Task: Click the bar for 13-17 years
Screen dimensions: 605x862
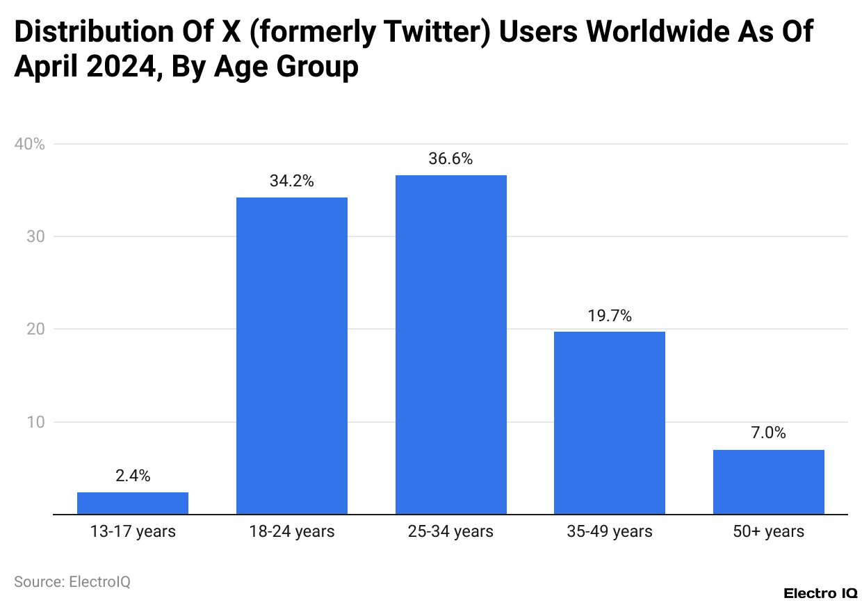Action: (132, 503)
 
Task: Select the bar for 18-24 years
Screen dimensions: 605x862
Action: (291, 355)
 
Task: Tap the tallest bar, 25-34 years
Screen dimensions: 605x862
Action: (450, 344)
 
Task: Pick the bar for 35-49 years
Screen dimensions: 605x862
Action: (609, 422)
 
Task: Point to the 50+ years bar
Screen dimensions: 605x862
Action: (768, 481)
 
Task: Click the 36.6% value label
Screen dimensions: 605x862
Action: (450, 159)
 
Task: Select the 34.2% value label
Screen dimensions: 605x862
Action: (291, 181)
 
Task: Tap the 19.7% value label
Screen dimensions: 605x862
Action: (609, 316)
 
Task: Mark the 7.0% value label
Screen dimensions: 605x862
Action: (768, 433)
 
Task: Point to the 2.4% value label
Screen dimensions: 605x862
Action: (132, 476)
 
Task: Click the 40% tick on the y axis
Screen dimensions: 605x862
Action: (29, 145)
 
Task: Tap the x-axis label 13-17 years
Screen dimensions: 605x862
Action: (132, 532)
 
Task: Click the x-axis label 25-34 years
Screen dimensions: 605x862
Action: (450, 532)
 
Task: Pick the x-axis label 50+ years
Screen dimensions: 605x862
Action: (768, 532)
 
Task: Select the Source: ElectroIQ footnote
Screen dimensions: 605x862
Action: (72, 581)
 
